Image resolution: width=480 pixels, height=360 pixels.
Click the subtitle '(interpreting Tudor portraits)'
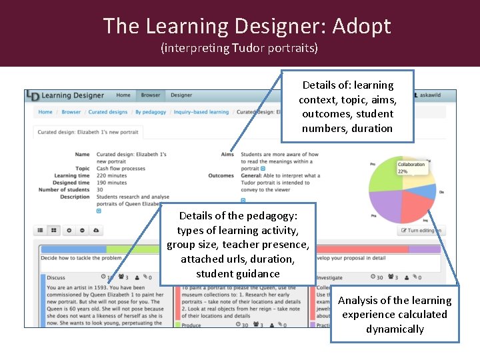(239, 48)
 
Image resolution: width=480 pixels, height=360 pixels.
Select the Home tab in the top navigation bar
(123, 95)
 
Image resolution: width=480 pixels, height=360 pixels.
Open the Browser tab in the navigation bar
(151, 95)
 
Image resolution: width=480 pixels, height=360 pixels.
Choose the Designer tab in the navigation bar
(181, 95)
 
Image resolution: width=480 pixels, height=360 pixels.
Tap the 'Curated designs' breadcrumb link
(108, 112)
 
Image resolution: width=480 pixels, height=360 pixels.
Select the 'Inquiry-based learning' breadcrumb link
(201, 112)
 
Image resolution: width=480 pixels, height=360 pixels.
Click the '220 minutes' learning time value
(112, 175)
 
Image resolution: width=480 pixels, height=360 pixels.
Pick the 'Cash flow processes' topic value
(120, 169)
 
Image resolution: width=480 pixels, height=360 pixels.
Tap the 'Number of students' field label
(64, 189)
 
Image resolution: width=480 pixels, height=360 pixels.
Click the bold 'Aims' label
(227, 155)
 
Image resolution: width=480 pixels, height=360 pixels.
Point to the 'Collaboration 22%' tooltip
(411, 167)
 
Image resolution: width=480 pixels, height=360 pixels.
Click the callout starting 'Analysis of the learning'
(394, 314)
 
